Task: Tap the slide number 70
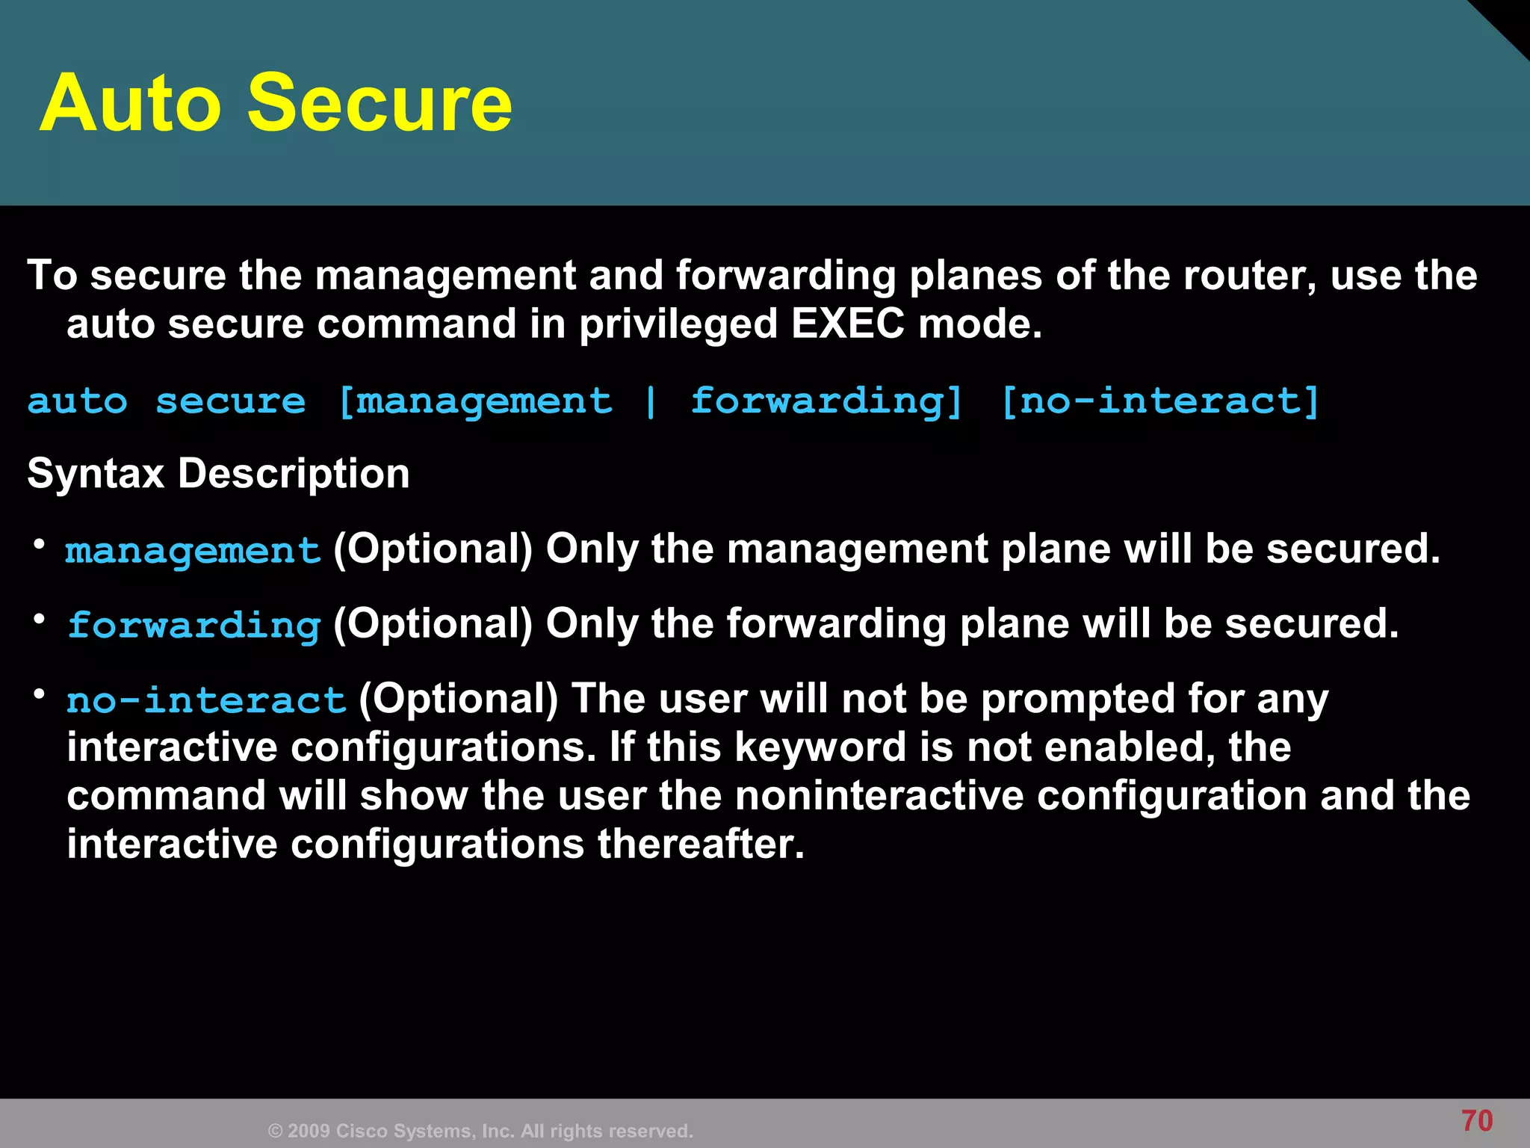1476,1121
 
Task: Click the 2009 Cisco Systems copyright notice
480,1131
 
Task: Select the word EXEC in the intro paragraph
847,324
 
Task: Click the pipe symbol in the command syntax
651,401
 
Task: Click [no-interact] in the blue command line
1160,401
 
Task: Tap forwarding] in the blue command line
826,401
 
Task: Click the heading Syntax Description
218,474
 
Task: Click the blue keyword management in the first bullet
193,552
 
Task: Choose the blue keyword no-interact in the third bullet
206,700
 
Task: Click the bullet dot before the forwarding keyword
40,619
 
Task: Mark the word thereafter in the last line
700,845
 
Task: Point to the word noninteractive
879,795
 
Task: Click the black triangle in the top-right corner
1509,19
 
